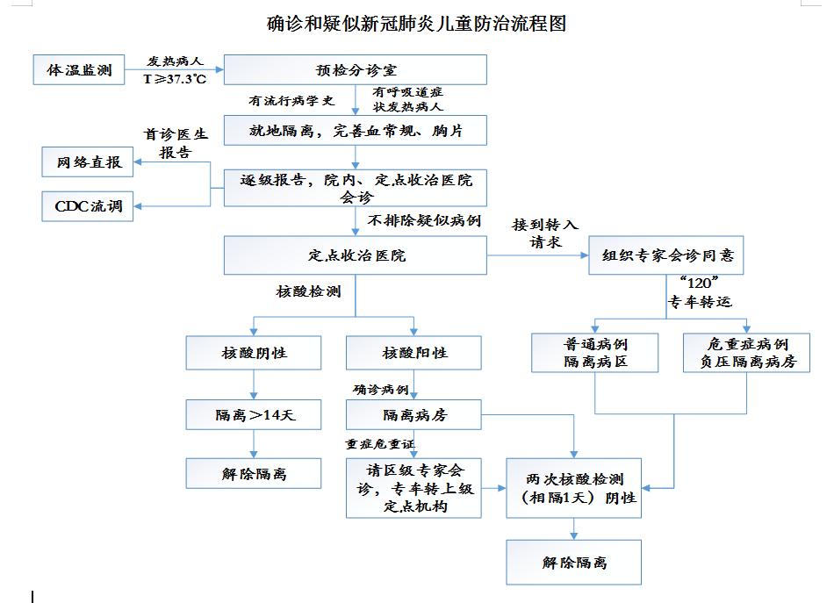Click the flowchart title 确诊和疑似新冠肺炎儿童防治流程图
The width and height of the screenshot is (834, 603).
click(x=416, y=24)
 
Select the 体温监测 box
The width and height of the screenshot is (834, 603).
click(x=79, y=70)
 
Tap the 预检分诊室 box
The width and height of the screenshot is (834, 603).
click(x=356, y=70)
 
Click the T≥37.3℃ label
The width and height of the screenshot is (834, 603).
click(x=175, y=78)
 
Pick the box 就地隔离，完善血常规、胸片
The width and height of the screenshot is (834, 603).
click(x=356, y=131)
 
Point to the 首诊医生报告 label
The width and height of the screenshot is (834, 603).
click(x=176, y=142)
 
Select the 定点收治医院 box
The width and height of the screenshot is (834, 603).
click(x=356, y=255)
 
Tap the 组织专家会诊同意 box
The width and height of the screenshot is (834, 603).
click(x=667, y=256)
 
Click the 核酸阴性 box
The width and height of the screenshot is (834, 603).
click(x=254, y=353)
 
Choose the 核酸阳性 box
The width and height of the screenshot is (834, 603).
click(x=414, y=353)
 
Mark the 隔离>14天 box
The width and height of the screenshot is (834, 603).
click(x=254, y=415)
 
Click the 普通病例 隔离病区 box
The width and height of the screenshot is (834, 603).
click(x=595, y=352)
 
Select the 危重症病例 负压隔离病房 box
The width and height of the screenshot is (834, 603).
click(x=747, y=352)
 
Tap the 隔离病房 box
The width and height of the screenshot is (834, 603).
click(x=414, y=415)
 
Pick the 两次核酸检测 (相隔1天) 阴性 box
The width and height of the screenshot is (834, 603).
click(x=574, y=488)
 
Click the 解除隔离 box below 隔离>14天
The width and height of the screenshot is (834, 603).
click(x=254, y=474)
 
